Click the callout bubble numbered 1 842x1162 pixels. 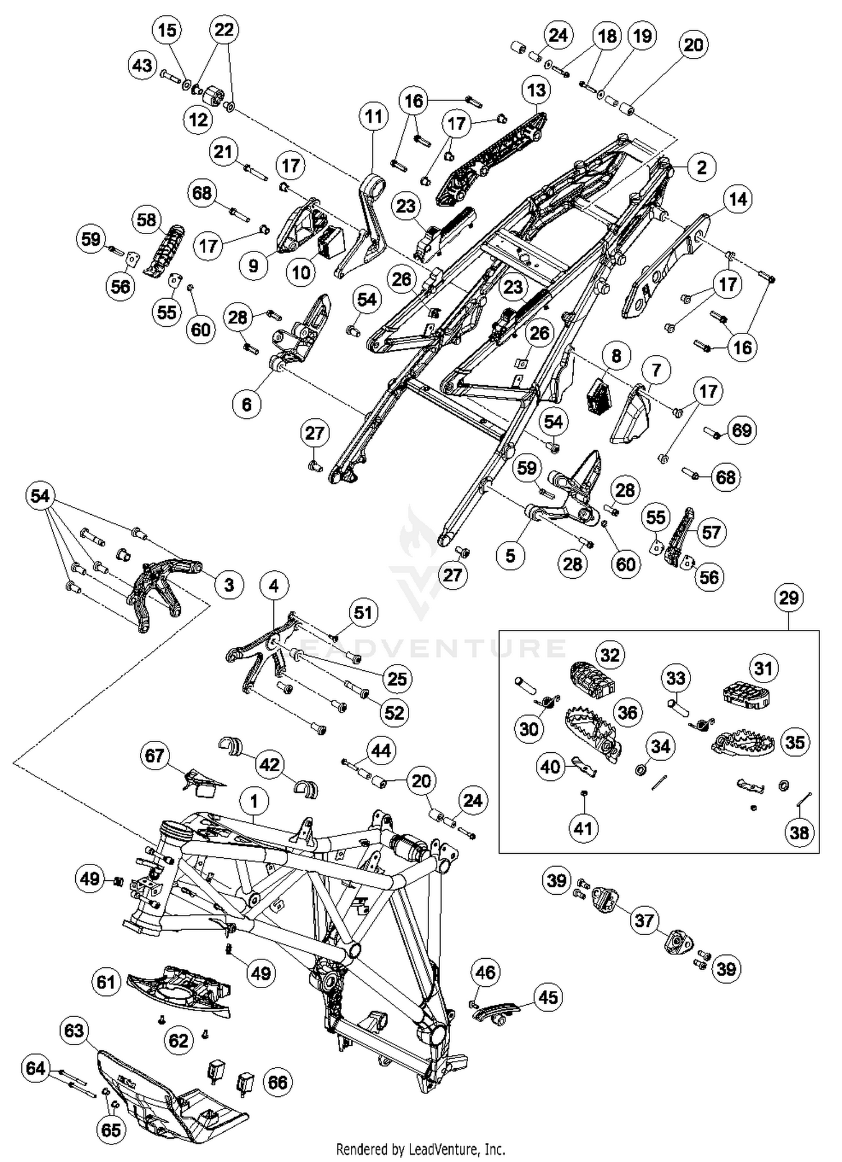click(254, 801)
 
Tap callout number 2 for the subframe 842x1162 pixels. click(701, 167)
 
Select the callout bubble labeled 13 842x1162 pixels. click(536, 90)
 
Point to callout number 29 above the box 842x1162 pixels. click(788, 597)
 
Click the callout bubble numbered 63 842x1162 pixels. click(74, 1031)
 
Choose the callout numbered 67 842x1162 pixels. click(154, 756)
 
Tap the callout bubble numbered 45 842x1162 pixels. click(548, 997)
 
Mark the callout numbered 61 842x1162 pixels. click(106, 982)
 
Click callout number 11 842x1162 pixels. click(373, 117)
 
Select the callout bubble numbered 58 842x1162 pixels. click(147, 219)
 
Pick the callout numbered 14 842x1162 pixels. click(738, 199)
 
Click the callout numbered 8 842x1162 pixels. click(616, 356)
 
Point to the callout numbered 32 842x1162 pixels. click(610, 655)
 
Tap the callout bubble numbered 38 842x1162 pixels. click(799, 832)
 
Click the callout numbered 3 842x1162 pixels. click(229, 584)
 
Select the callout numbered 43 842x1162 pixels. click(142, 65)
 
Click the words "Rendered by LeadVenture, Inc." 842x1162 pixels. click(420, 1149)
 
